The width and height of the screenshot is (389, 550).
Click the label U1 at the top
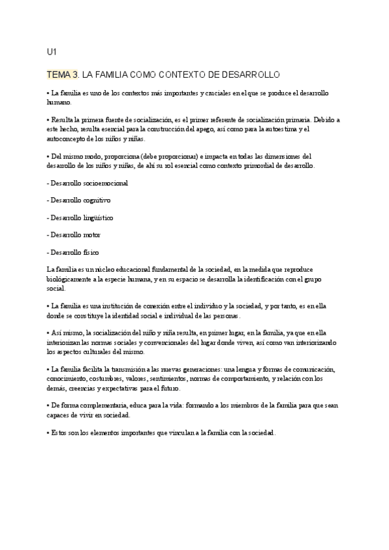click(52, 51)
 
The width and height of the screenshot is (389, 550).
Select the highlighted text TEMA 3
click(64, 75)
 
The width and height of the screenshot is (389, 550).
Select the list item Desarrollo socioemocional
click(88, 183)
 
